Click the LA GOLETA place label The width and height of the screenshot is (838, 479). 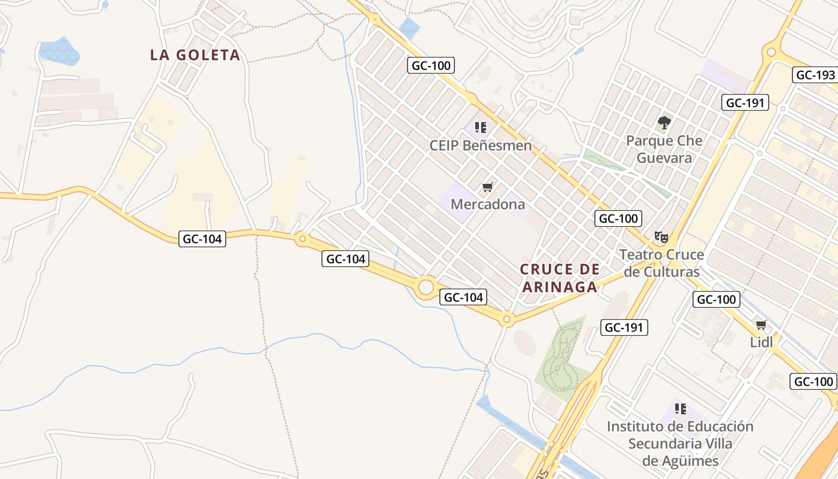(x=195, y=55)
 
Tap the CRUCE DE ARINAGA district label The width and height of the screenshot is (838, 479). (x=559, y=278)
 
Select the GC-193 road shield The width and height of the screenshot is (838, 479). (x=814, y=75)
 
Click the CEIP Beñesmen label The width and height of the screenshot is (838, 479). (x=480, y=145)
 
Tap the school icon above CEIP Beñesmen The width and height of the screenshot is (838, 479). (x=480, y=128)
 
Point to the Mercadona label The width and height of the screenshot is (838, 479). (x=487, y=204)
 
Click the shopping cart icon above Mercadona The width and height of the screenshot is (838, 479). (x=487, y=187)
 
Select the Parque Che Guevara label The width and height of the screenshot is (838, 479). (x=664, y=149)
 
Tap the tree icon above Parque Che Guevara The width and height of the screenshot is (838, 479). (x=664, y=123)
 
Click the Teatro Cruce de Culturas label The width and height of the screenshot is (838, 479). (x=661, y=263)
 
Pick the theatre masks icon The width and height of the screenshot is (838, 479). (x=661, y=237)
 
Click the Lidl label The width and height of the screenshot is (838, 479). (x=761, y=342)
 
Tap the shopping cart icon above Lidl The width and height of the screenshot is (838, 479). (x=761, y=325)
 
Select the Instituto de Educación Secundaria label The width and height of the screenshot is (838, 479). (x=680, y=444)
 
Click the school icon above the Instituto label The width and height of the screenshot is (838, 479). (x=680, y=409)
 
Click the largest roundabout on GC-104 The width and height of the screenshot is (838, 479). (x=426, y=287)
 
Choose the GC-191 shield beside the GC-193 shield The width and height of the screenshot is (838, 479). (x=744, y=102)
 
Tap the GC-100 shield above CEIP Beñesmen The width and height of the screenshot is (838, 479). (x=431, y=65)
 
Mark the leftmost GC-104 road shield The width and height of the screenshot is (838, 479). (x=202, y=239)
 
